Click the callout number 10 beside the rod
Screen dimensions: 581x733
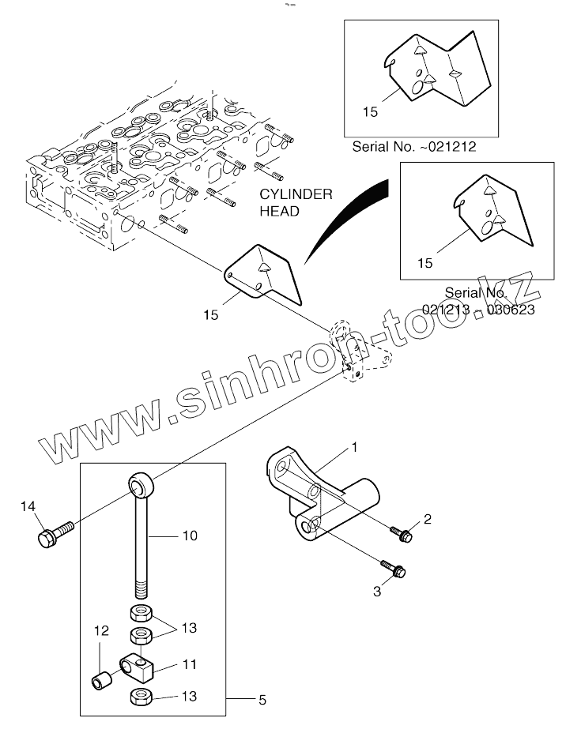[190, 536]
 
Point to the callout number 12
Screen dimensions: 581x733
[100, 630]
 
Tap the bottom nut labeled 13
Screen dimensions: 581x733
[141, 697]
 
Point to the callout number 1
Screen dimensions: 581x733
[355, 447]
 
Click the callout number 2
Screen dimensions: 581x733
[427, 519]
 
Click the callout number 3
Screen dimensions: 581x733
[378, 590]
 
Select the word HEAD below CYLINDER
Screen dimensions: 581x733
[281, 211]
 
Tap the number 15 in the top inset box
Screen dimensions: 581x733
[370, 112]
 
